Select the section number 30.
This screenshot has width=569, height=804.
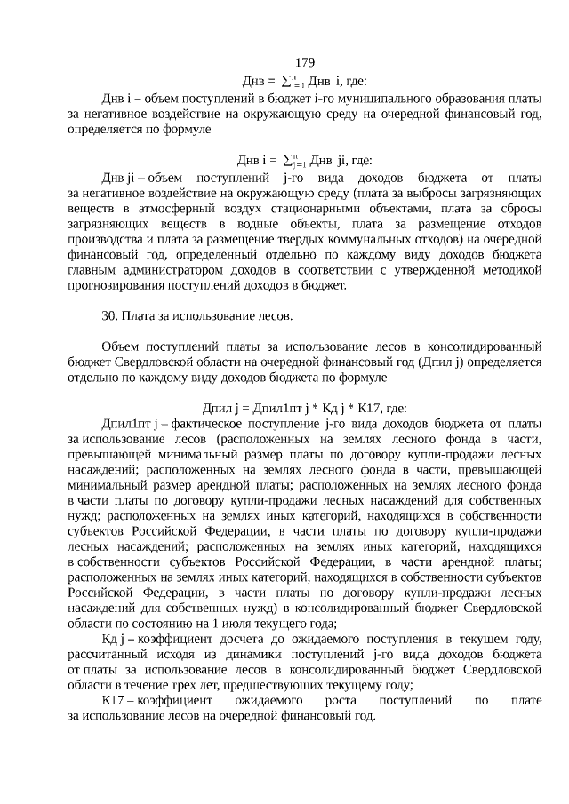[110, 315]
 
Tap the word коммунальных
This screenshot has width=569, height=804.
[331, 239]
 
